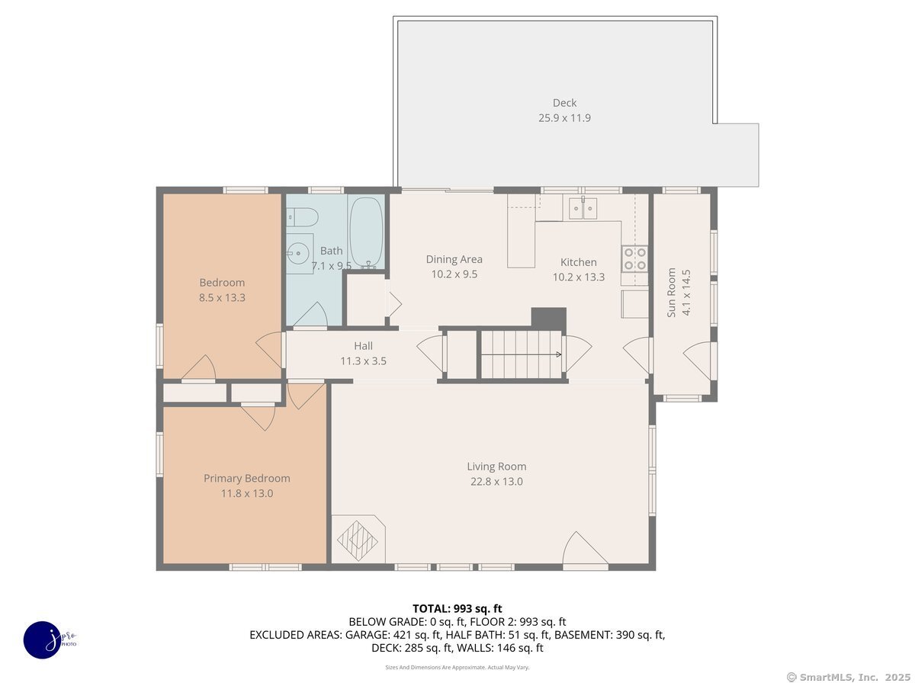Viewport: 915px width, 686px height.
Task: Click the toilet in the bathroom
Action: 302,217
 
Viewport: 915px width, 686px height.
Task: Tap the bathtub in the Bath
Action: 366,232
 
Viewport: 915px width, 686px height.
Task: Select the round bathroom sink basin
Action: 297,252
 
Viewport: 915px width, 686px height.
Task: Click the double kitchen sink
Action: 583,208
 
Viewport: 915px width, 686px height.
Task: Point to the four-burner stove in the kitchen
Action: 634,258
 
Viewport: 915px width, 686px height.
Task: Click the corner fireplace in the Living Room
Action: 358,540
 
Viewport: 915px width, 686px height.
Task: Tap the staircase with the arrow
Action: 521,354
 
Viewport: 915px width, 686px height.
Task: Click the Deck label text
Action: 564,102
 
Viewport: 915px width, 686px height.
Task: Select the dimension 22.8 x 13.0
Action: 496,482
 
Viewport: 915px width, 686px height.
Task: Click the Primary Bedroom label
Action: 247,478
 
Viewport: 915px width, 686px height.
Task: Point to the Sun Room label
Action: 671,293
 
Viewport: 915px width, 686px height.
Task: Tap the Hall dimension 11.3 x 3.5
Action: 363,361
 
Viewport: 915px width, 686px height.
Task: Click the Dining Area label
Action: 454,259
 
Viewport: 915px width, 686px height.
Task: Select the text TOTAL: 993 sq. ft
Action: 457,608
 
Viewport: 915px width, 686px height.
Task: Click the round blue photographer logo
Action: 43,640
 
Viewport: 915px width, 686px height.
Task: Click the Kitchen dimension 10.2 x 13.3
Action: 578,277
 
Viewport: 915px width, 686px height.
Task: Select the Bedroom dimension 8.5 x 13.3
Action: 222,297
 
